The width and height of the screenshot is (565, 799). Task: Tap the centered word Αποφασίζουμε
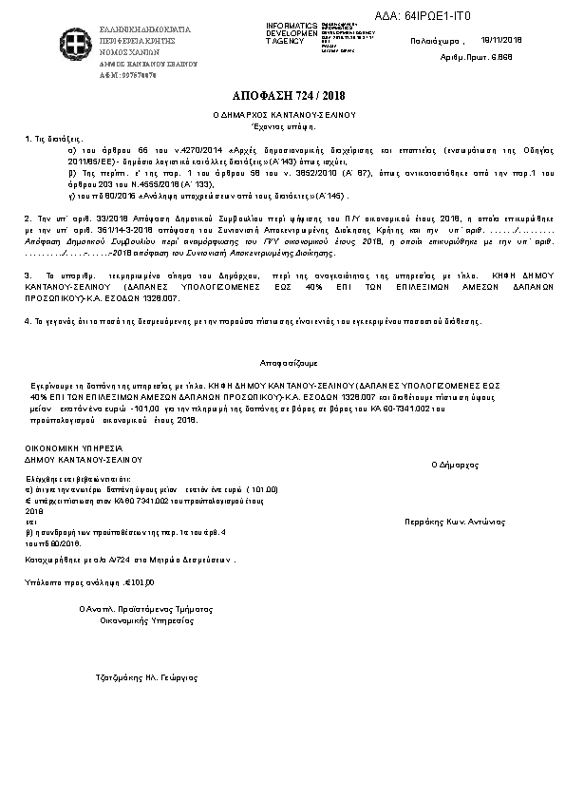tap(282, 363)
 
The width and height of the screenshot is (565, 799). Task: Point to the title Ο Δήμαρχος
tap(453, 466)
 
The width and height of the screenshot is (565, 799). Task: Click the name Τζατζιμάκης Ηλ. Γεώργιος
tap(142, 677)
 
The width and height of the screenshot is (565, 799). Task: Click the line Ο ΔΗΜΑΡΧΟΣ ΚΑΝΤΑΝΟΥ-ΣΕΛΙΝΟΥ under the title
tap(282, 114)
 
